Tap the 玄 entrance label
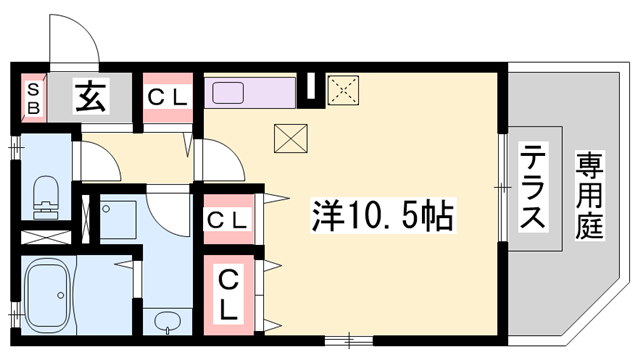pyautogui.click(x=89, y=98)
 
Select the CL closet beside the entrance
pyautogui.click(x=168, y=98)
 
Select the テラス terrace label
pyautogui.click(x=533, y=189)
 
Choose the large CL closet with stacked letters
pyautogui.click(x=229, y=292)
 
